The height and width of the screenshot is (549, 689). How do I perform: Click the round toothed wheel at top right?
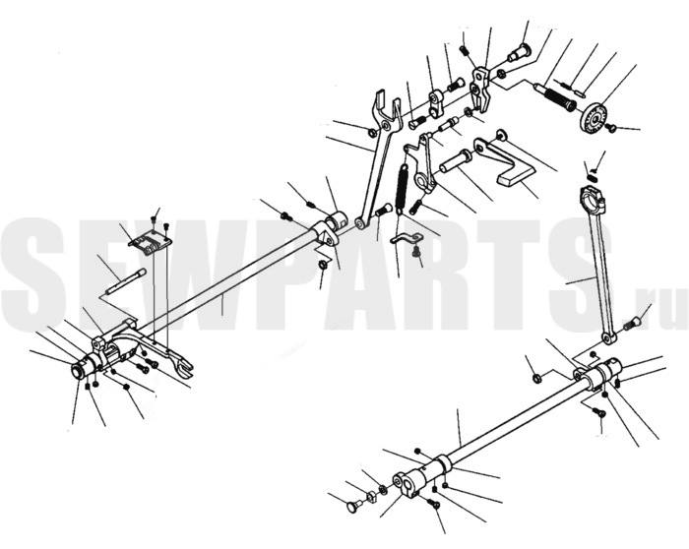pos(594,118)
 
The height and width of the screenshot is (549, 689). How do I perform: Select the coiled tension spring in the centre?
pos(402,187)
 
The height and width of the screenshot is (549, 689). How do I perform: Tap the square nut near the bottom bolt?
pos(371,497)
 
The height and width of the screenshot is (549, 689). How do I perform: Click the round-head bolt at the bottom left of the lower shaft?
pos(354,507)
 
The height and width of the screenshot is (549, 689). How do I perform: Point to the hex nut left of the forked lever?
pos(370,131)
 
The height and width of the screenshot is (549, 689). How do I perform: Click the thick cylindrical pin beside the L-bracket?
pos(455,161)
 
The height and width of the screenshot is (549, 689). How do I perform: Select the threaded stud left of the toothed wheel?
pos(555,94)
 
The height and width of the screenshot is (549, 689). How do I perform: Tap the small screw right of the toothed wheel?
pos(610,127)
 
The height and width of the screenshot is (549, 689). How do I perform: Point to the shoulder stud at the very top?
pos(519,53)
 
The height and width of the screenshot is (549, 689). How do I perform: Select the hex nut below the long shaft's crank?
pos(322,265)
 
